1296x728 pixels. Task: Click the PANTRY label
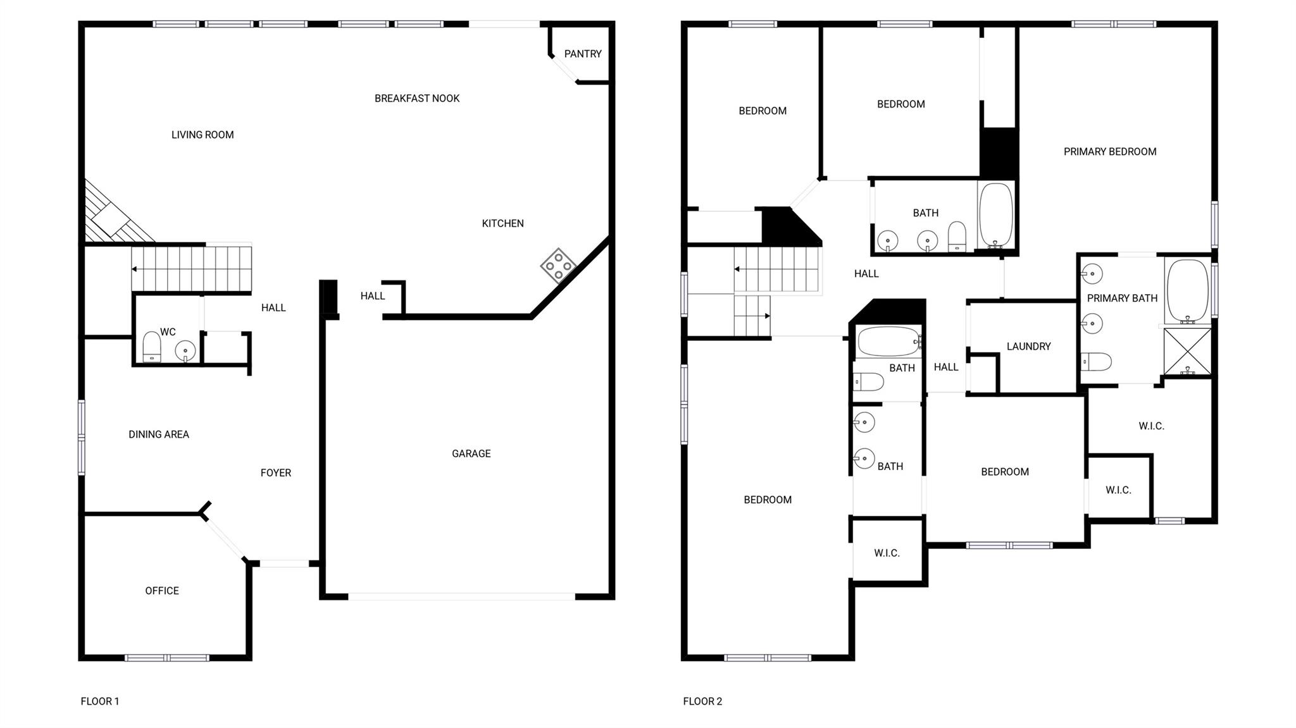[x=582, y=54]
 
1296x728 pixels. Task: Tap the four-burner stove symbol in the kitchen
[x=558, y=266]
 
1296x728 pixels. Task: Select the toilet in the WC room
[x=152, y=347]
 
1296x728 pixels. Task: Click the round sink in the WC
[x=185, y=350]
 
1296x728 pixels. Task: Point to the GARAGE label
[x=471, y=453]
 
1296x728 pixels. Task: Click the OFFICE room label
[x=162, y=591]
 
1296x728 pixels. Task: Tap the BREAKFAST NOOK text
[x=416, y=99]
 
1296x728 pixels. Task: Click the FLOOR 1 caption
[x=100, y=701]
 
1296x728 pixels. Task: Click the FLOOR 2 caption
[x=702, y=701]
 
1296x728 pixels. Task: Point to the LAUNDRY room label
[x=1028, y=347]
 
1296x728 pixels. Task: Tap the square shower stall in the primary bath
[x=1187, y=351]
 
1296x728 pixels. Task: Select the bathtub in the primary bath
[x=1187, y=290]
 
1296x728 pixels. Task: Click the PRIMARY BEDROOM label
[x=1109, y=152]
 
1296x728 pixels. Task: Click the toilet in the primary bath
[x=1096, y=362]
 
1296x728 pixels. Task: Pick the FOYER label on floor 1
[x=276, y=473]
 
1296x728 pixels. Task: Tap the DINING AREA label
[x=159, y=435]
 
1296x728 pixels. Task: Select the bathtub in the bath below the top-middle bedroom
[x=995, y=215]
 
